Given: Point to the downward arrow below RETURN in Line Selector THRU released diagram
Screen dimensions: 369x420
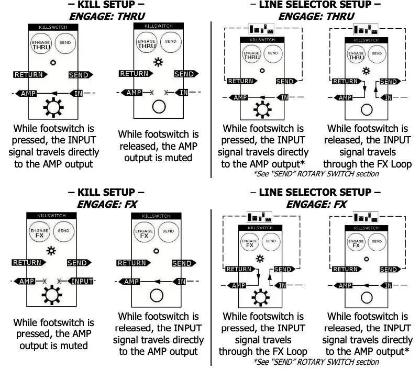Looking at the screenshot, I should (363, 90).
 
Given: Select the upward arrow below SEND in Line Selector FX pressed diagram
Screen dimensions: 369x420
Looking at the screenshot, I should (269, 278).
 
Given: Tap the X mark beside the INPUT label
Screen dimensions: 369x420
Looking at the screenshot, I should (59, 281).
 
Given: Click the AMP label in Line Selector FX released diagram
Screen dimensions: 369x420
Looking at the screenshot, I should (345, 285).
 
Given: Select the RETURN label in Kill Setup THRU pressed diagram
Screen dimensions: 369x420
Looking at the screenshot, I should (29, 75).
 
